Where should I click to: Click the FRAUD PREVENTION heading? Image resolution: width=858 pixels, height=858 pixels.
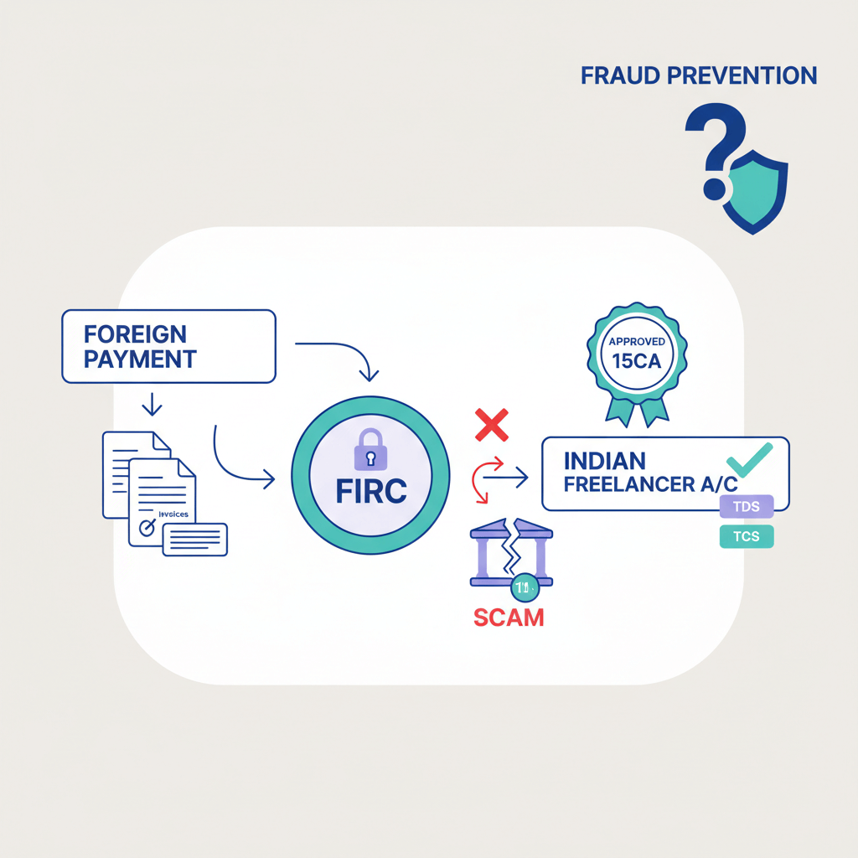698,76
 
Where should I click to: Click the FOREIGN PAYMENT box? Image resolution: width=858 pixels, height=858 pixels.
168,346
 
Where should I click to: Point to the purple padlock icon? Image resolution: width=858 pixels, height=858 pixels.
371,452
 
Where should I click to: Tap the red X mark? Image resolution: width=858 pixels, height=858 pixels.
492,426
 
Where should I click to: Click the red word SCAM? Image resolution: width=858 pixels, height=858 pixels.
509,618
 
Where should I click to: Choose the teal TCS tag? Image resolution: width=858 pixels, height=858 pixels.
746,537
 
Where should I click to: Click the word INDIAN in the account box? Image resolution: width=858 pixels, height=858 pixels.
604,461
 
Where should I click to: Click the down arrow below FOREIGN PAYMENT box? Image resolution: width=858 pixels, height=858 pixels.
152,405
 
